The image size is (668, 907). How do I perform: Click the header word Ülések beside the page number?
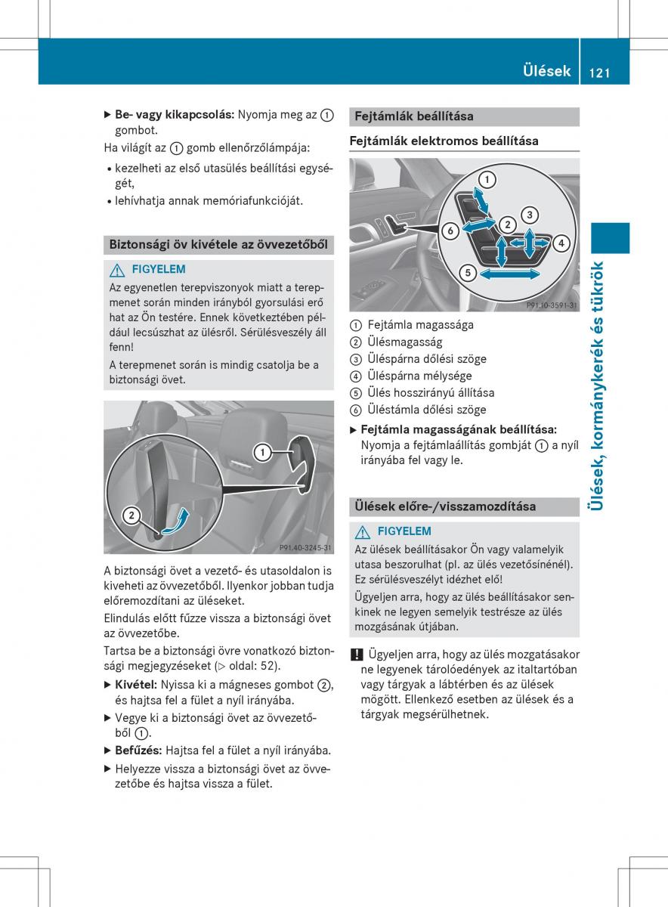coord(546,72)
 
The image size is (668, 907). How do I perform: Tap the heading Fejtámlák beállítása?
coord(414,116)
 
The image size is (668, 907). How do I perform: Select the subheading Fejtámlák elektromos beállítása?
coord(444,141)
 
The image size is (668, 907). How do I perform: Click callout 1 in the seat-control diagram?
coord(487,180)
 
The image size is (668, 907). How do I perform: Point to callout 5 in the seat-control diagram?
coord(467,273)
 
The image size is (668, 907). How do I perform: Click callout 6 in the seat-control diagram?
coord(450,231)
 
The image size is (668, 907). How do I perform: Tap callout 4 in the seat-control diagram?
coord(561,243)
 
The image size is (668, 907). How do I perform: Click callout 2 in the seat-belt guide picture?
coord(131,515)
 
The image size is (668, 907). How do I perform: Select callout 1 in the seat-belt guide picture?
coord(262,453)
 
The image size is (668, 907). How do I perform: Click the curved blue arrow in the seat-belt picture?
coord(175,523)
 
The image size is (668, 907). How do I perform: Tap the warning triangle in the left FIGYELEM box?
coord(116,269)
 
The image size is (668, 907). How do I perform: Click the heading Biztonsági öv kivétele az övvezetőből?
coord(218,244)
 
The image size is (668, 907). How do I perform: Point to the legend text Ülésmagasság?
coord(405,342)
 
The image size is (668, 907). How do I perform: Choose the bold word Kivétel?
coord(136,685)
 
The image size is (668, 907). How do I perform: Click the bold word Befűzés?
coord(138,751)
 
